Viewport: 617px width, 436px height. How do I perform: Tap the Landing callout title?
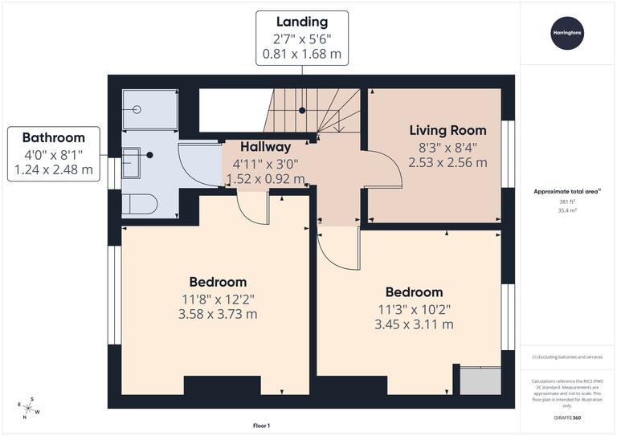tap(301, 22)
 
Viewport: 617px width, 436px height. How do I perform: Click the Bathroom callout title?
tap(54, 137)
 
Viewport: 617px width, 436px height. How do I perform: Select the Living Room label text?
tap(447, 130)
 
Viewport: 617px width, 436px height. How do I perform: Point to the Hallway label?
tap(266, 147)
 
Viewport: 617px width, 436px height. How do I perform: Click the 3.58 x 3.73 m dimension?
tap(218, 314)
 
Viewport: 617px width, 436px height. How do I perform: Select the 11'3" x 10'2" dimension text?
tap(414, 308)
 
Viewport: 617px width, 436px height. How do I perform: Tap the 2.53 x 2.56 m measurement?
tap(447, 162)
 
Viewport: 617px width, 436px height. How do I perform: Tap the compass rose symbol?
tap(28, 408)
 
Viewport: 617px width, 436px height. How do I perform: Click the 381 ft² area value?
tap(568, 202)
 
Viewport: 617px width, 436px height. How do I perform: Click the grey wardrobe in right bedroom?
tap(480, 380)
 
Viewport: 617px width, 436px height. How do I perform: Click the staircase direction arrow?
tap(338, 120)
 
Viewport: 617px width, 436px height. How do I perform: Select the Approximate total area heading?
tap(567, 191)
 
